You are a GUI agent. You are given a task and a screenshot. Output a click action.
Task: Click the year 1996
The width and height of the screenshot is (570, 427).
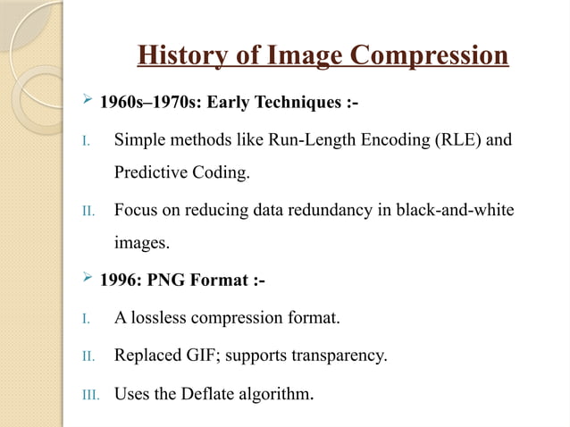117,280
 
